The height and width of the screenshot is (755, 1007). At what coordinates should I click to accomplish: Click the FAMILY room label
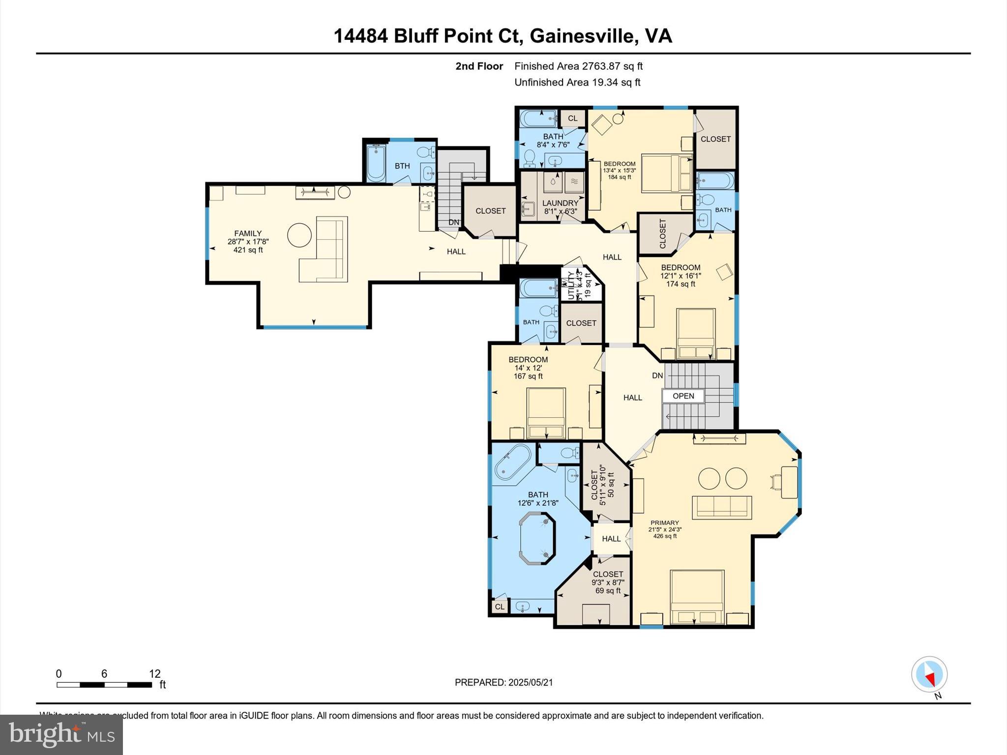pyautogui.click(x=248, y=233)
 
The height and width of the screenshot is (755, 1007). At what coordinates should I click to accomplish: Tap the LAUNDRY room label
pyautogui.click(x=560, y=203)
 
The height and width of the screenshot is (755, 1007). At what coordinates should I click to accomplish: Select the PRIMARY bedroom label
pyautogui.click(x=664, y=523)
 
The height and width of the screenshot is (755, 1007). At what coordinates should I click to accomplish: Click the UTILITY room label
pyautogui.click(x=571, y=286)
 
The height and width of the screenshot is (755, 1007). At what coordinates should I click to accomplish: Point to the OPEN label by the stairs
pyautogui.click(x=683, y=396)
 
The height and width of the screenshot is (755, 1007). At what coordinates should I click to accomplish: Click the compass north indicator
pyautogui.click(x=929, y=675)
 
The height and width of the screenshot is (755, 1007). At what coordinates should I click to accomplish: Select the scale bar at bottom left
pyautogui.click(x=104, y=684)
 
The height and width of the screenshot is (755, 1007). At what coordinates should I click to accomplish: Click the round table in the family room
pyautogui.click(x=299, y=235)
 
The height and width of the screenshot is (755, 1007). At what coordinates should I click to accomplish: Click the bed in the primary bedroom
pyautogui.click(x=697, y=596)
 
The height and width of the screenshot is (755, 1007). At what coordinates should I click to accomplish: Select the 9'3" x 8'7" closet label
pyautogui.click(x=608, y=574)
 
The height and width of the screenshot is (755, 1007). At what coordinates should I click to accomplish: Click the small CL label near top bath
pyautogui.click(x=572, y=118)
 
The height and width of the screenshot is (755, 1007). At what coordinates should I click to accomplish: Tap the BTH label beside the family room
pyautogui.click(x=402, y=166)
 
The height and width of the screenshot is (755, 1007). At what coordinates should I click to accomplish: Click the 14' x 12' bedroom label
pyautogui.click(x=528, y=360)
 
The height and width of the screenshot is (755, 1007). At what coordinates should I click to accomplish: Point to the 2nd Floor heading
pyautogui.click(x=479, y=66)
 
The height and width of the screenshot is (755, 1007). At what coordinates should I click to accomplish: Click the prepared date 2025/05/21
pyautogui.click(x=503, y=682)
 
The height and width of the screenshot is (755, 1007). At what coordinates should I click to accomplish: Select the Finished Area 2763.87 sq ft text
pyautogui.click(x=578, y=66)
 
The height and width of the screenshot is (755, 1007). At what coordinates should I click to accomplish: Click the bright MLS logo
pyautogui.click(x=61, y=734)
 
